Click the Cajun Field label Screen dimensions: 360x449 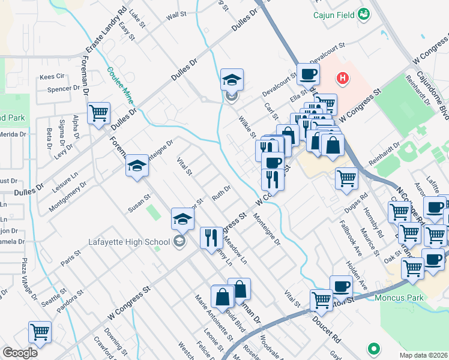point(334,14)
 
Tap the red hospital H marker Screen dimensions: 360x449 point(342,77)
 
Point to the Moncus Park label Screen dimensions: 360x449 point(399,297)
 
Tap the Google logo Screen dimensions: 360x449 point(20,352)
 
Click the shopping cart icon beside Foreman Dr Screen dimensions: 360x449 point(98,113)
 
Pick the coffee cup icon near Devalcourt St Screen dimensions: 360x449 point(308,74)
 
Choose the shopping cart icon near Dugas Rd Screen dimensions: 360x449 point(346,178)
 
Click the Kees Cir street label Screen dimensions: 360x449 point(52,77)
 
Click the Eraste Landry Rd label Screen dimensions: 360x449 point(106,29)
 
